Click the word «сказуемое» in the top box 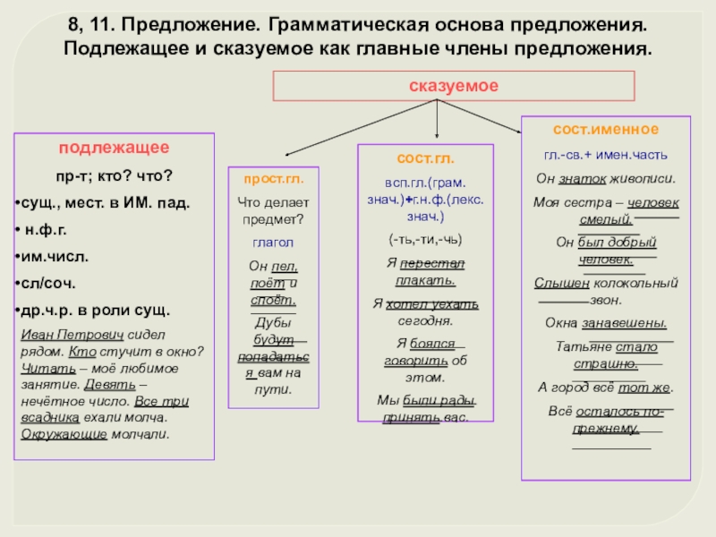454,85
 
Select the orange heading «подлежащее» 115,147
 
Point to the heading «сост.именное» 606,130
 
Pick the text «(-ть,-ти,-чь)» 425,241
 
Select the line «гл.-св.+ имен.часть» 605,153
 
